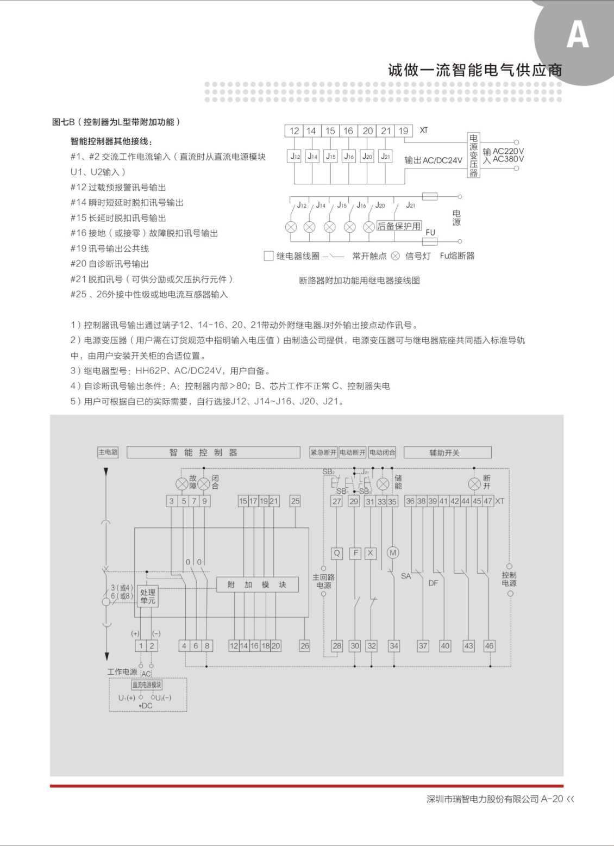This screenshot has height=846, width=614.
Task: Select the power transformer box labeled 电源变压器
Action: (473, 155)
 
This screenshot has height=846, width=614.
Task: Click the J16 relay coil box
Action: (349, 156)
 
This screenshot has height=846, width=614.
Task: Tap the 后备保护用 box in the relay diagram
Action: (399, 226)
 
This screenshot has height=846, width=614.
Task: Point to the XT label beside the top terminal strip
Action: (423, 130)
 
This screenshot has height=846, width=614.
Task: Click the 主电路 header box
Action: (108, 452)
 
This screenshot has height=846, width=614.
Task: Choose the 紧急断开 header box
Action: (323, 452)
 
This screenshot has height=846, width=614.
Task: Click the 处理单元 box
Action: (147, 596)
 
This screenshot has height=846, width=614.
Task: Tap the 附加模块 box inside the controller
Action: (257, 584)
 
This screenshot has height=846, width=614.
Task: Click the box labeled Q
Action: (337, 553)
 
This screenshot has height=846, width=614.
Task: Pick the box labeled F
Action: (355, 553)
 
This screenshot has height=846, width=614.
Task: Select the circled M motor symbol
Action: (392, 553)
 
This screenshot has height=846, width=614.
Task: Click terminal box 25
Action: (295, 501)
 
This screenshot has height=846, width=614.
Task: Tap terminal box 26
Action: (304, 646)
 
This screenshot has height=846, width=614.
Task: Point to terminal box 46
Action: (489, 646)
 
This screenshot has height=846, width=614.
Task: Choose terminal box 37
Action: (423, 646)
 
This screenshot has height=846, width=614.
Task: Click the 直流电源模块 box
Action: (147, 685)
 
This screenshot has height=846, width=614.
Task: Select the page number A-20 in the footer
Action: (552, 799)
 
